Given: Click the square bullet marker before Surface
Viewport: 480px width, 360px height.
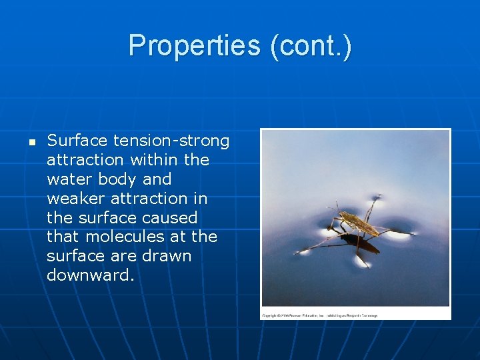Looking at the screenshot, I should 31,142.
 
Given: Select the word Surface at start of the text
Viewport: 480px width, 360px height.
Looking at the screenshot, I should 77,141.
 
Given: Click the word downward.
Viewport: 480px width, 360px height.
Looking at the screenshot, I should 90,275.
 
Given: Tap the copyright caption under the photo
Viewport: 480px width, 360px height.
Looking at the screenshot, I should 319,315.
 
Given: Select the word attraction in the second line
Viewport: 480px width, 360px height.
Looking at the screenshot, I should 85,160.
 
